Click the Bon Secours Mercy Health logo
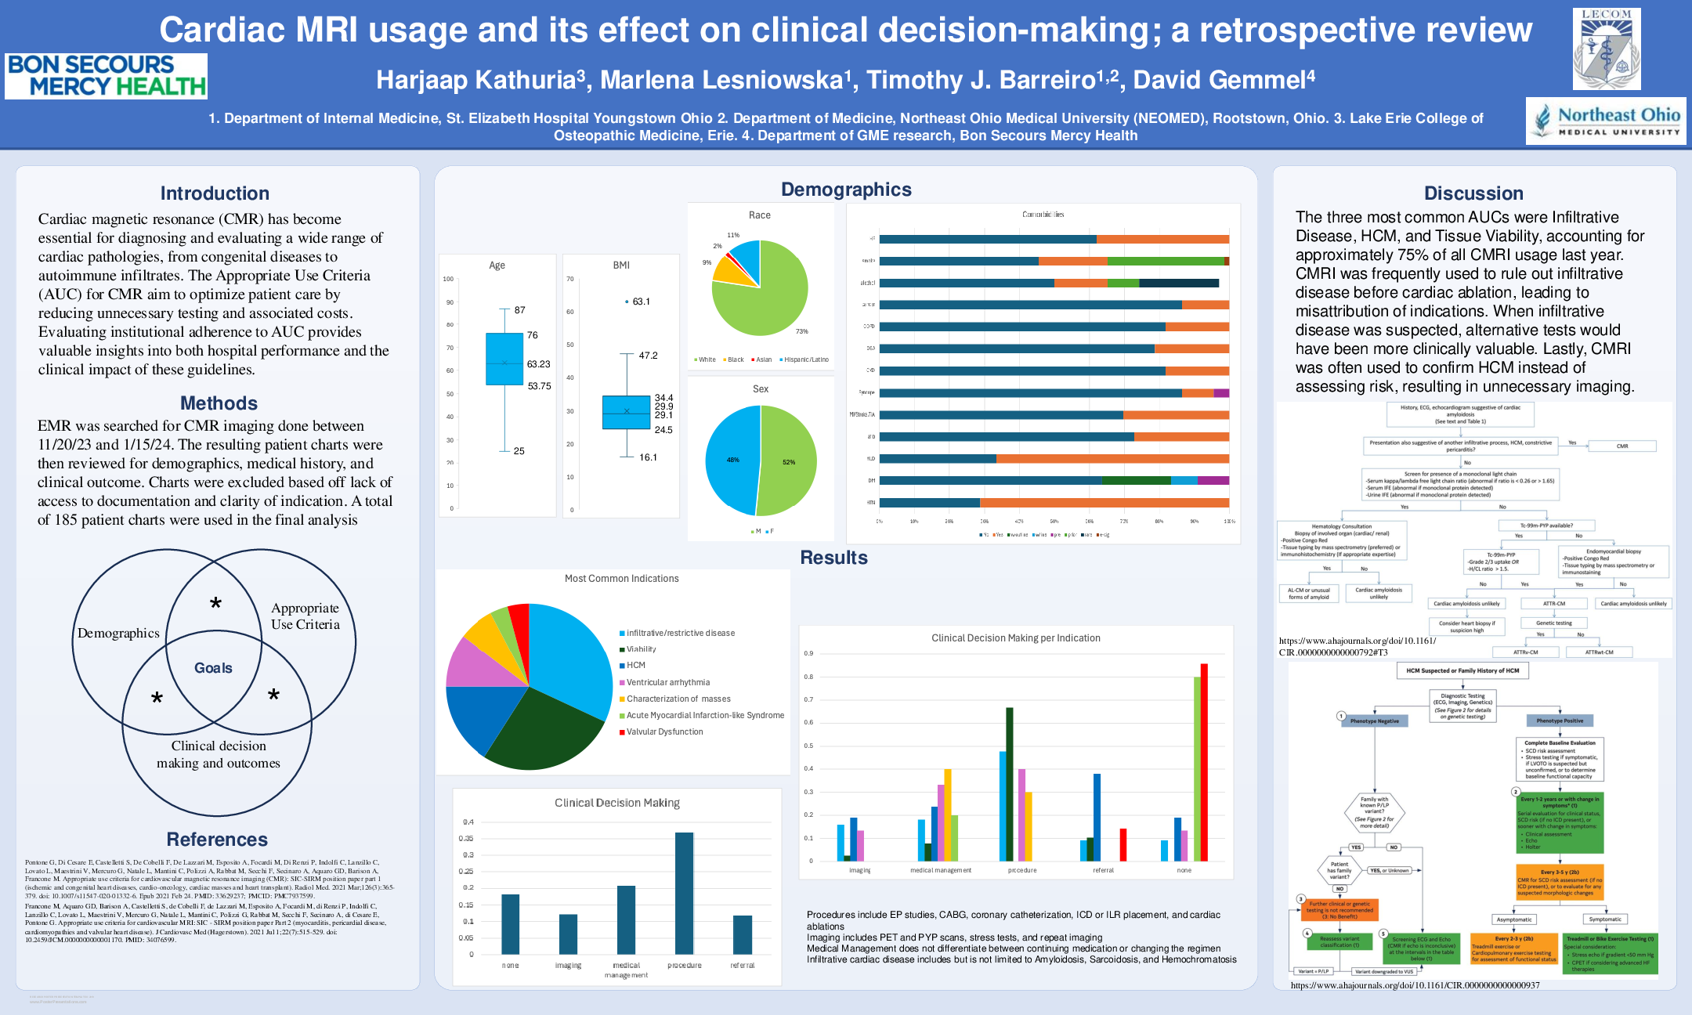pyautogui.click(x=106, y=76)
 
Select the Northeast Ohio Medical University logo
pyautogui.click(x=1606, y=121)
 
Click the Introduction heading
pyautogui.click(x=215, y=193)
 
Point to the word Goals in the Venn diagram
pyautogui.click(x=213, y=668)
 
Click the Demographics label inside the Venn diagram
pyautogui.click(x=118, y=633)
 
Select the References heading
pyautogui.click(x=217, y=840)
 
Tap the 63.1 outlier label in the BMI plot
pyautogui.click(x=641, y=302)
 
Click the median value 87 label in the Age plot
pyautogui.click(x=519, y=310)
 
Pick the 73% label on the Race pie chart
pyautogui.click(x=801, y=331)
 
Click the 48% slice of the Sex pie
pyautogui.click(x=732, y=461)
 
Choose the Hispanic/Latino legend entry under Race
pyautogui.click(x=805, y=359)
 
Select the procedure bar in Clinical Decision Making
pyautogui.click(x=684, y=893)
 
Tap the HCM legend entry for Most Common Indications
pyautogui.click(x=635, y=666)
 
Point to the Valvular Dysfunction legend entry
pyautogui.click(x=664, y=731)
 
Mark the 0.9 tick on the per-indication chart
pyautogui.click(x=808, y=653)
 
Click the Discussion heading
pyautogui.click(x=1473, y=193)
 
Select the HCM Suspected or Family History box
pyautogui.click(x=1462, y=670)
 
